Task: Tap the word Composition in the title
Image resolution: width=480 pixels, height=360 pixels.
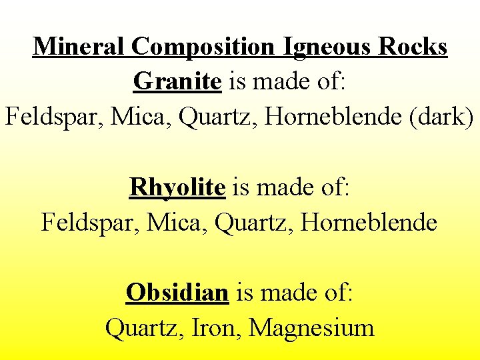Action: [203, 47]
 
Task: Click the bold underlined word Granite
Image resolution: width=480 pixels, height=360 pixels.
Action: [177, 81]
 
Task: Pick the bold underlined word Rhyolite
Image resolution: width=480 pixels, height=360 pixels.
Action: [177, 187]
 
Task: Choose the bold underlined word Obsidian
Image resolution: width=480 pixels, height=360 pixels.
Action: [177, 292]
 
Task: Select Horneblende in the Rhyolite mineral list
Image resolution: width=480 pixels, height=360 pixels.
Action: [369, 222]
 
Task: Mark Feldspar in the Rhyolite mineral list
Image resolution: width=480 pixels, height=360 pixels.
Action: [87, 222]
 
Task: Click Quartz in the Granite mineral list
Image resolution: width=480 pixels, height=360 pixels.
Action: [216, 117]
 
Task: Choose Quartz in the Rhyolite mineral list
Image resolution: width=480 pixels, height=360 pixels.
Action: [252, 222]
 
